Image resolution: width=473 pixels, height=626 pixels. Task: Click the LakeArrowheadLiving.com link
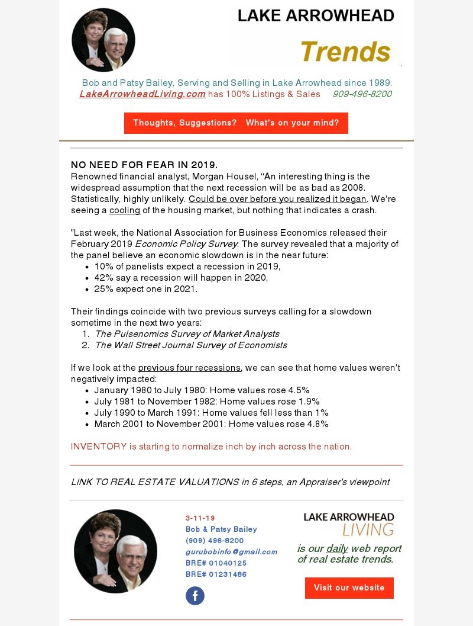[x=142, y=94]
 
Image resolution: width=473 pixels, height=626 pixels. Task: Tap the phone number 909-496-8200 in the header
[x=362, y=94]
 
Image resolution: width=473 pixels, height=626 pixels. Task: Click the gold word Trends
[x=345, y=52]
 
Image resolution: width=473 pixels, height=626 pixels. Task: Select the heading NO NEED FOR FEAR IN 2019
[x=144, y=165]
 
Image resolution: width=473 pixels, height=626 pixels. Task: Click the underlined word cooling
[x=125, y=210]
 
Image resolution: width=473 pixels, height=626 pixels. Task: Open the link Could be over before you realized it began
[x=278, y=199]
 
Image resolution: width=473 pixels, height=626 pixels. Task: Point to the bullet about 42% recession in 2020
[x=181, y=278]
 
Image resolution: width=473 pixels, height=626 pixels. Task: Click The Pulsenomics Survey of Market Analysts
[x=187, y=334]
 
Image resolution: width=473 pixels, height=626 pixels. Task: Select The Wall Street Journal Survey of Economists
[x=191, y=345]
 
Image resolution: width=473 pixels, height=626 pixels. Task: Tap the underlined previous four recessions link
[x=189, y=368]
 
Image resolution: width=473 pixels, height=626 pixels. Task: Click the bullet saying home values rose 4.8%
[x=211, y=424]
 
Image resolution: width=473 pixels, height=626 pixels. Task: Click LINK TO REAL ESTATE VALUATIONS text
[x=155, y=482]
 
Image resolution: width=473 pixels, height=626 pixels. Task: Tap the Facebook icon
[x=195, y=596]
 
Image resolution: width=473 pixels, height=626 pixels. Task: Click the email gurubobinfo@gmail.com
[x=231, y=552]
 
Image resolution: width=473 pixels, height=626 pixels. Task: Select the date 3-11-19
[x=200, y=518]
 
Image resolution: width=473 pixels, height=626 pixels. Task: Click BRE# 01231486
[x=216, y=574]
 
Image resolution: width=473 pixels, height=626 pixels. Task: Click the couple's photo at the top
[x=103, y=40]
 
